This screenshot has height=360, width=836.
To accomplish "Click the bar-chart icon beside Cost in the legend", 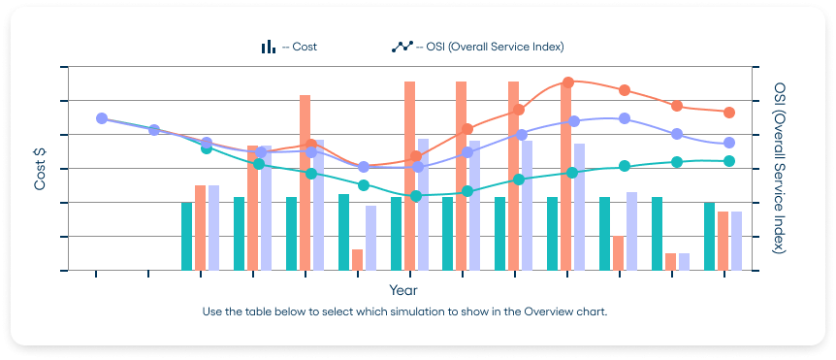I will pyautogui.click(x=267, y=47).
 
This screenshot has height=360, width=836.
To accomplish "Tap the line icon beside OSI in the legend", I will pyautogui.click(x=402, y=47).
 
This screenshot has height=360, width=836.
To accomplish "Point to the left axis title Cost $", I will pyautogui.click(x=41, y=168).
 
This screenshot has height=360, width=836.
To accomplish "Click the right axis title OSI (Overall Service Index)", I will pyautogui.click(x=780, y=168).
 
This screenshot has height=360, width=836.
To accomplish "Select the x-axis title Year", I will pyautogui.click(x=403, y=290).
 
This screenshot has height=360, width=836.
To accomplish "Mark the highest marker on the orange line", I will pyautogui.click(x=568, y=82).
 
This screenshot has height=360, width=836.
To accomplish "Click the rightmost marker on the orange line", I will pyautogui.click(x=729, y=113).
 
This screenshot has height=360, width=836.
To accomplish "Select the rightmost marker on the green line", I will pyautogui.click(x=729, y=161).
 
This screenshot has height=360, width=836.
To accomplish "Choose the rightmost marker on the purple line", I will pyautogui.click(x=729, y=143).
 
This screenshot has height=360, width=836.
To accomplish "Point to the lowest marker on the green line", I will pyautogui.click(x=416, y=196).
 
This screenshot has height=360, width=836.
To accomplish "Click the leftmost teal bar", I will pyautogui.click(x=187, y=236).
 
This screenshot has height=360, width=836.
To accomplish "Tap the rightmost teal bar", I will pyautogui.click(x=709, y=236).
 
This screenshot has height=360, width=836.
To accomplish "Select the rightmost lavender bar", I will pyautogui.click(x=736, y=241).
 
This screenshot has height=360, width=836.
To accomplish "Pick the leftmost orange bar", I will pyautogui.click(x=201, y=227).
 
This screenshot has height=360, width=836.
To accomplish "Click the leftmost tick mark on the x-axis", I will pyautogui.click(x=96, y=275).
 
